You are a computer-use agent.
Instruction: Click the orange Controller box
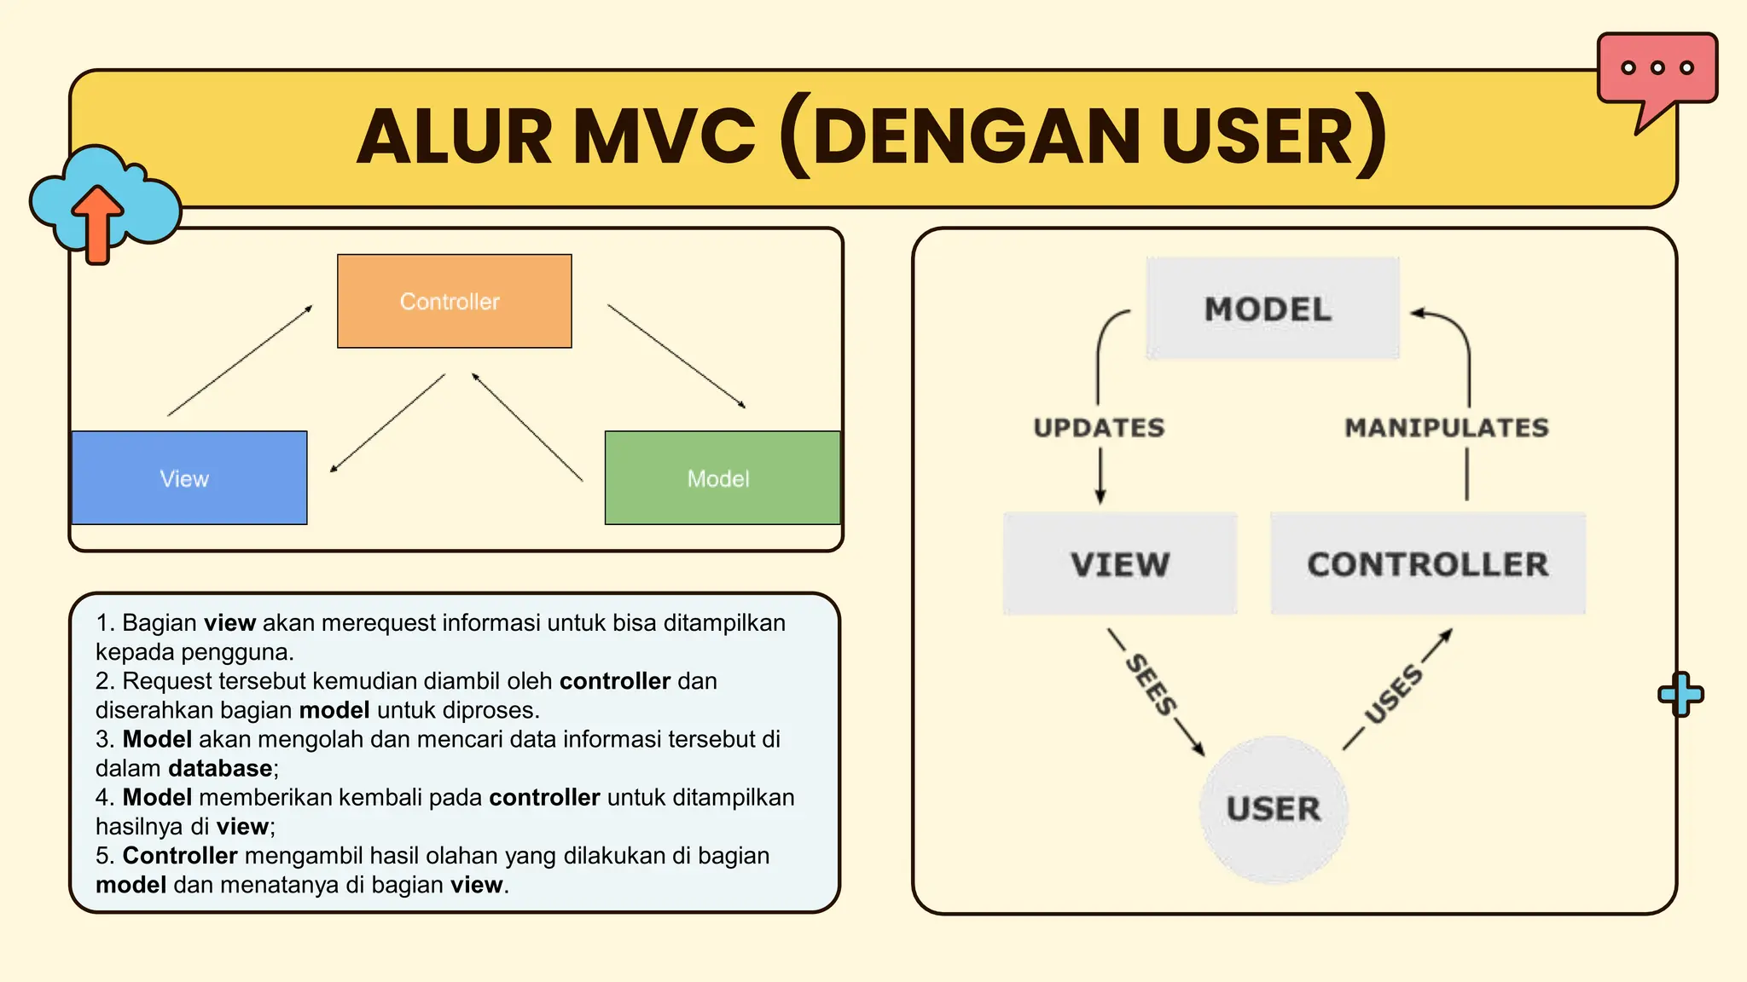454,301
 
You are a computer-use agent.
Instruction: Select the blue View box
189,477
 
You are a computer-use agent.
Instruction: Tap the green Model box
722,477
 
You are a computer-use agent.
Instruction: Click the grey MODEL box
1272,309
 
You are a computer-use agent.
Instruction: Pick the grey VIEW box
1119,563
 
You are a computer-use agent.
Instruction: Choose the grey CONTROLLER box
1427,563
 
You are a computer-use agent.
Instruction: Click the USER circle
1273,808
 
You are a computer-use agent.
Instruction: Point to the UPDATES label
1099,427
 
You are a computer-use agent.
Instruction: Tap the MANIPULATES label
1447,427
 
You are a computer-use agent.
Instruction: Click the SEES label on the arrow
1151,685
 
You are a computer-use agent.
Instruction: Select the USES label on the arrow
1394,693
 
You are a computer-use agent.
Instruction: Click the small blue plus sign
1680,694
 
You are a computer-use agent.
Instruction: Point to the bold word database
220,768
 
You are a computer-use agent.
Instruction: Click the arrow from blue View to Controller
240,361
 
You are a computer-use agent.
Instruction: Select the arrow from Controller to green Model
676,355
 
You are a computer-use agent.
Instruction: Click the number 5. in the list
106,855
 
